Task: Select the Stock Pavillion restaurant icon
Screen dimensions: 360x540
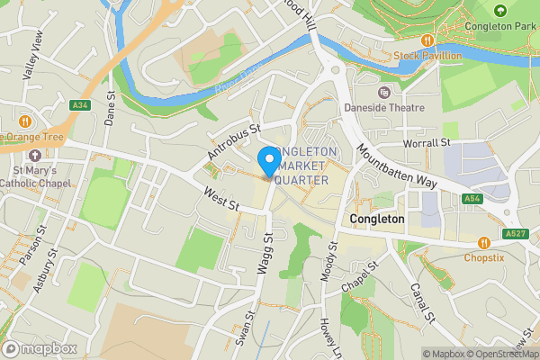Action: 427,40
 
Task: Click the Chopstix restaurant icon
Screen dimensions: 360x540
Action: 485,242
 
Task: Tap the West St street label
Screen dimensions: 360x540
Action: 220,199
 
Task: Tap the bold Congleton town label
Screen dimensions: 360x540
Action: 377,219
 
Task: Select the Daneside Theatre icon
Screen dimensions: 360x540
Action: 384,93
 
